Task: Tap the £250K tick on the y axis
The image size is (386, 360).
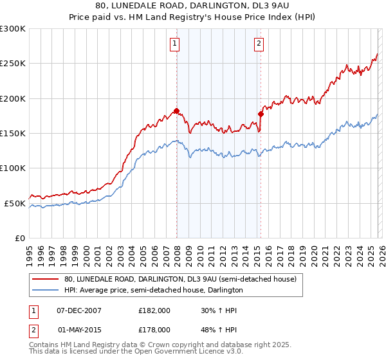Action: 13,64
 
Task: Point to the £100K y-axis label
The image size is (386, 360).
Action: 13,168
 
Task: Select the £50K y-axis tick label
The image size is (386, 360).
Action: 15,203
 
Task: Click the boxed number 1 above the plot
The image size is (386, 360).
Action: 174,44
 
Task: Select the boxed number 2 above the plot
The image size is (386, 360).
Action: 259,44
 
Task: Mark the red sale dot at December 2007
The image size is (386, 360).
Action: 176,111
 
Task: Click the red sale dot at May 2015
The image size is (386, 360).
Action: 261,114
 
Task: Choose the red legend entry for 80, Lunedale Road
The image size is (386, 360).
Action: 180,279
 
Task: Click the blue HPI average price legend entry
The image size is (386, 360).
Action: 153,290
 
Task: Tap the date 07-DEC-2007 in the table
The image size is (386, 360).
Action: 79,310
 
